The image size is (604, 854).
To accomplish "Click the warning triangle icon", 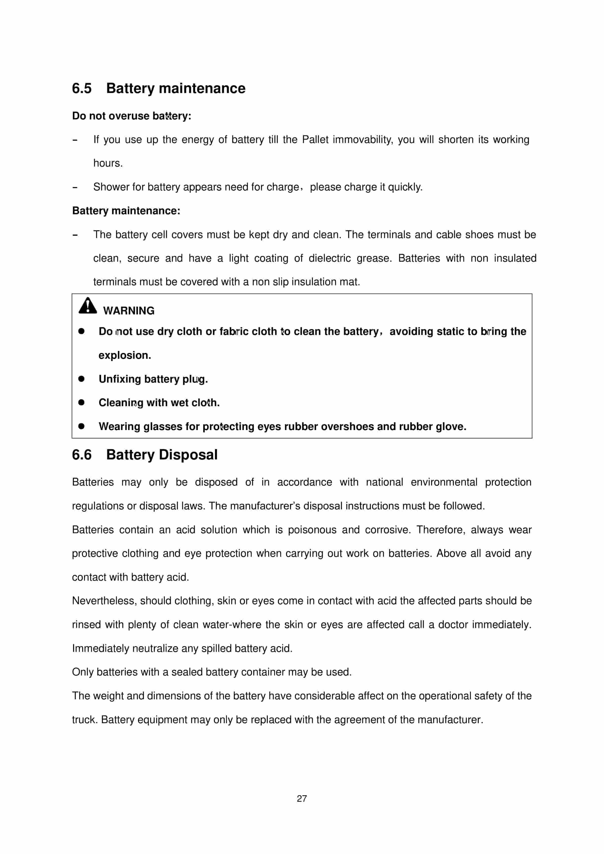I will tap(87, 306).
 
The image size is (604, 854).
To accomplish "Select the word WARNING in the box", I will tap(129, 311).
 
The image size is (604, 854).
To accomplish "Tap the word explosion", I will tap(125, 355).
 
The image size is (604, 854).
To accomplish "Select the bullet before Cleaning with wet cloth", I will tap(81, 402).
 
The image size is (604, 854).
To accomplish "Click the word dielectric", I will tap(330, 258).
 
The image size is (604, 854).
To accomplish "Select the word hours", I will tap(108, 163).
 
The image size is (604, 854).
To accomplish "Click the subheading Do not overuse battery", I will tap(132, 116).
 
